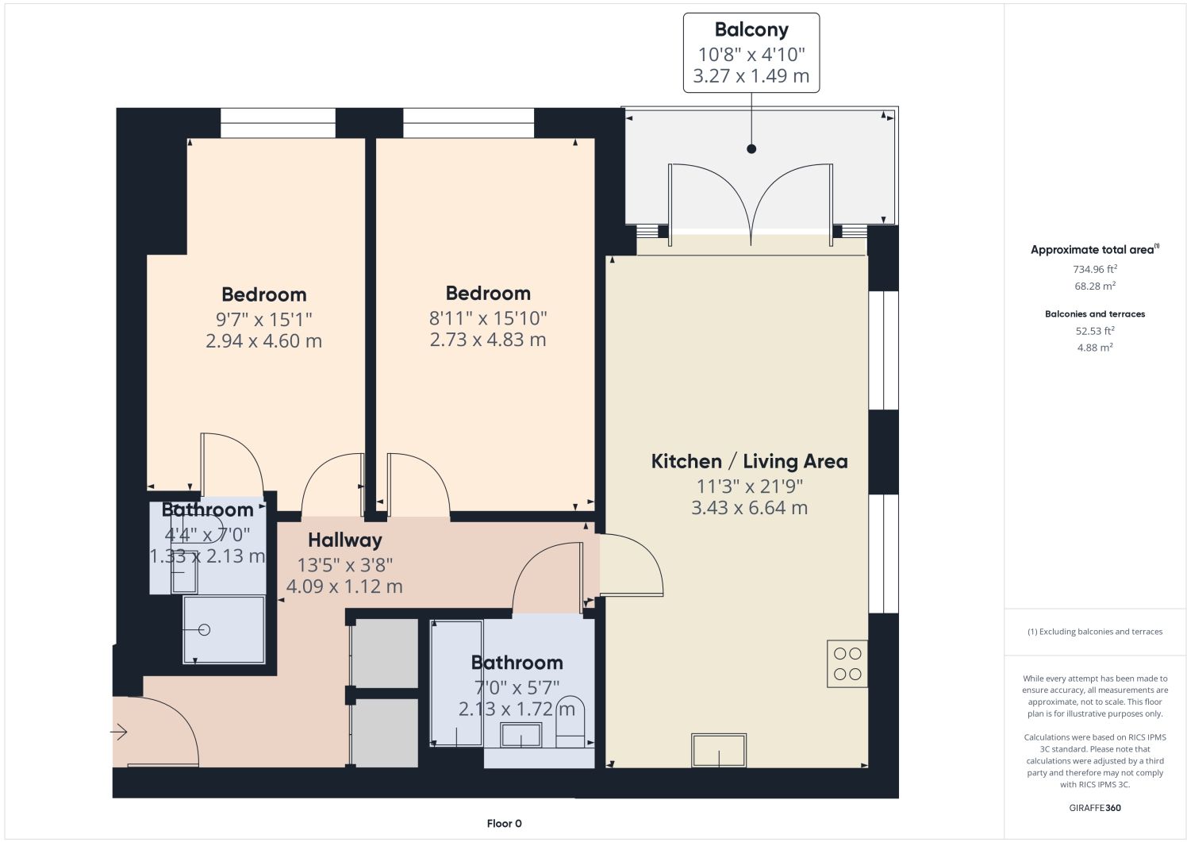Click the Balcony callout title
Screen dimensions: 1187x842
751,29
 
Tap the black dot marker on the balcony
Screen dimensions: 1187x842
751,149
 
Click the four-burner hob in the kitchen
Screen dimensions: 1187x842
847,664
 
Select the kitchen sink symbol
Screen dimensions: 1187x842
719,750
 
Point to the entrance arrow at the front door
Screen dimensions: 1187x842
119,732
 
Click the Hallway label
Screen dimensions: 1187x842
345,540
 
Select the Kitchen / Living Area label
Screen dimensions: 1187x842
749,462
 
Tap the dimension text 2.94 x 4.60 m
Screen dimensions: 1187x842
264,340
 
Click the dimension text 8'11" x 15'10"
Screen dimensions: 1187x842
488,318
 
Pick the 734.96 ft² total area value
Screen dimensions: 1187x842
1095,269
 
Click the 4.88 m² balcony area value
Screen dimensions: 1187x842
1095,348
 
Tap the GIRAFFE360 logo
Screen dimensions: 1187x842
1095,808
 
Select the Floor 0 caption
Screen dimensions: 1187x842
505,824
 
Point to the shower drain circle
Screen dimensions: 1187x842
205,629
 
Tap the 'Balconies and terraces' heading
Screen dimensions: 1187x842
1095,314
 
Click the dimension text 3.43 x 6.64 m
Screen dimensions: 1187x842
749,508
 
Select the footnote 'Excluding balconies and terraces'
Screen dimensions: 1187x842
1101,632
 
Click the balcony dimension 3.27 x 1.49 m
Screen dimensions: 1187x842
751,75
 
